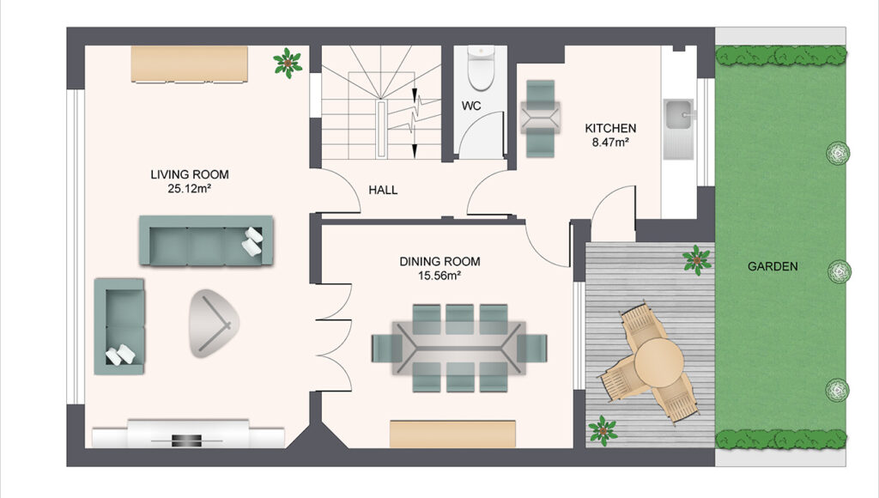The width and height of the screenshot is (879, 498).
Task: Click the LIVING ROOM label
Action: [x=190, y=174]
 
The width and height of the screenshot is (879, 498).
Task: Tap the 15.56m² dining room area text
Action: [x=439, y=276]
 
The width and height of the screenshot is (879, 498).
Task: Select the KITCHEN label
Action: [x=610, y=129]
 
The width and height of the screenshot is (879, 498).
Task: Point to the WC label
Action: [x=471, y=106]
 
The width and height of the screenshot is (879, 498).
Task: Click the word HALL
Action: [x=384, y=190]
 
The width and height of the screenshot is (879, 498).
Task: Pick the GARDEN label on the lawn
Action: [x=773, y=266]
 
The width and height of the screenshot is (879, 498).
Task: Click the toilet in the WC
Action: [x=481, y=68]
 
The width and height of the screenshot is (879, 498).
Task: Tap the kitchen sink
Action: [x=679, y=129]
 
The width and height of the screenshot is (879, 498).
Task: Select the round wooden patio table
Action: [x=659, y=362]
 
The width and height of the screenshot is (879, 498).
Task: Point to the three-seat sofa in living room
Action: [x=206, y=240]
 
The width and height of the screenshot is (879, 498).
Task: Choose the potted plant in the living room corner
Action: [x=288, y=63]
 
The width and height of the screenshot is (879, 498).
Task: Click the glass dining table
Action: [x=459, y=349]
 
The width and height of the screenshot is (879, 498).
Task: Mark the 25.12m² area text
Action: [x=190, y=188]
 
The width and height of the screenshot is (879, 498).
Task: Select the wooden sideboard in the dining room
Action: [x=452, y=434]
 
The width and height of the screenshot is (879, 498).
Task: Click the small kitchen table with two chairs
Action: [x=541, y=118]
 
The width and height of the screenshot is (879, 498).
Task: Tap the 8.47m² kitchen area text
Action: [x=610, y=143]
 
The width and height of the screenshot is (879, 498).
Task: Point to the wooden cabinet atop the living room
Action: [x=190, y=64]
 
